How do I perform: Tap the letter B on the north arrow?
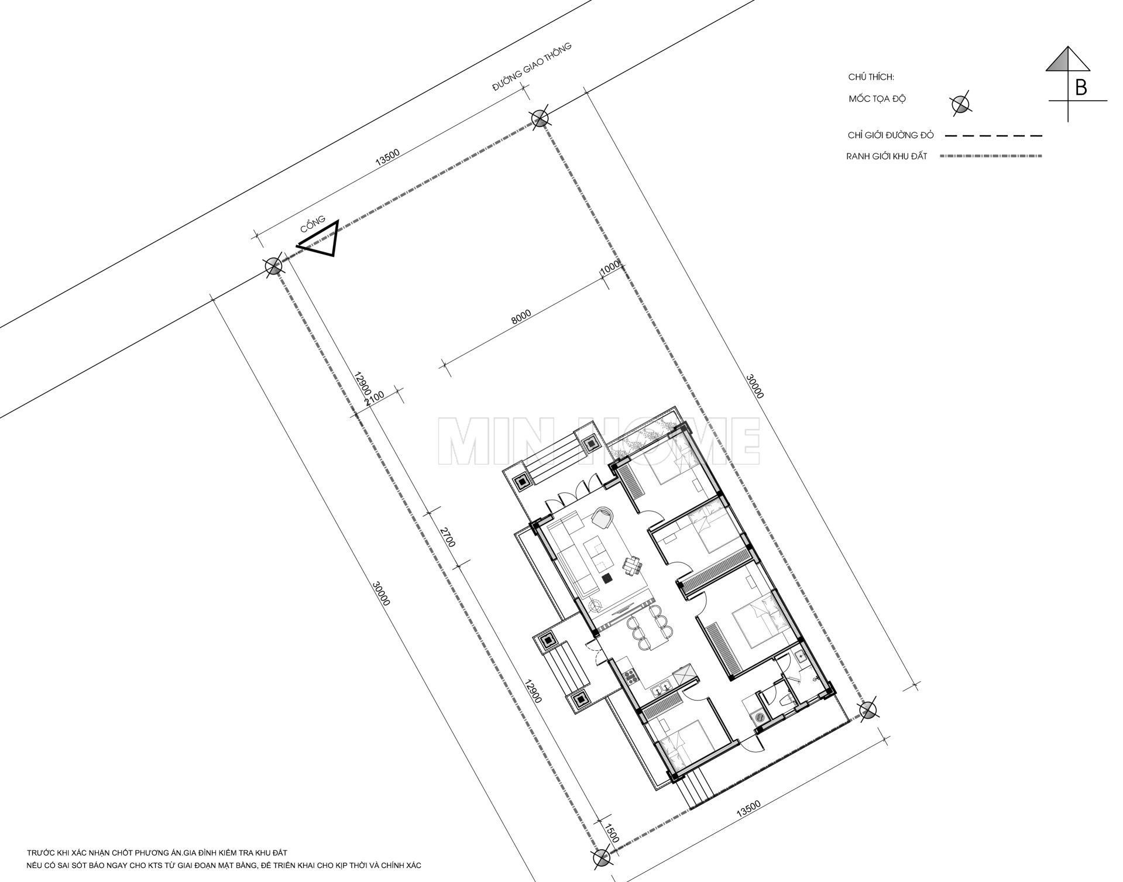point(1081,88)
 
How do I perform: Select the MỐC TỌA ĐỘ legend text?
point(877,99)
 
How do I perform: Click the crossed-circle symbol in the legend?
point(960,104)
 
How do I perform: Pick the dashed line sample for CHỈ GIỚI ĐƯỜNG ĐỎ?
point(994,136)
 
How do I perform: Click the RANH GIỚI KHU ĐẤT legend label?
point(887,156)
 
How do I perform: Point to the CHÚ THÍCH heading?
point(871,77)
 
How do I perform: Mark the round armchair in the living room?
point(602,518)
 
